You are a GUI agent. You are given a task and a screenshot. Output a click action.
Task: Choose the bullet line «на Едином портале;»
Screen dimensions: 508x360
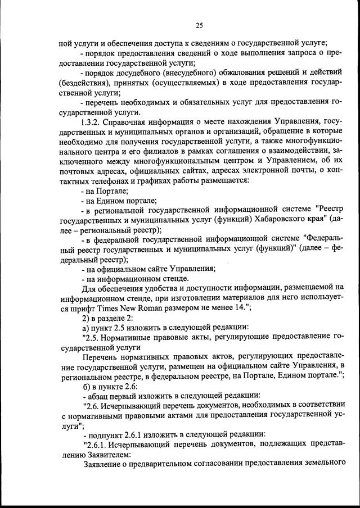pyautogui.click(x=119, y=200)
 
